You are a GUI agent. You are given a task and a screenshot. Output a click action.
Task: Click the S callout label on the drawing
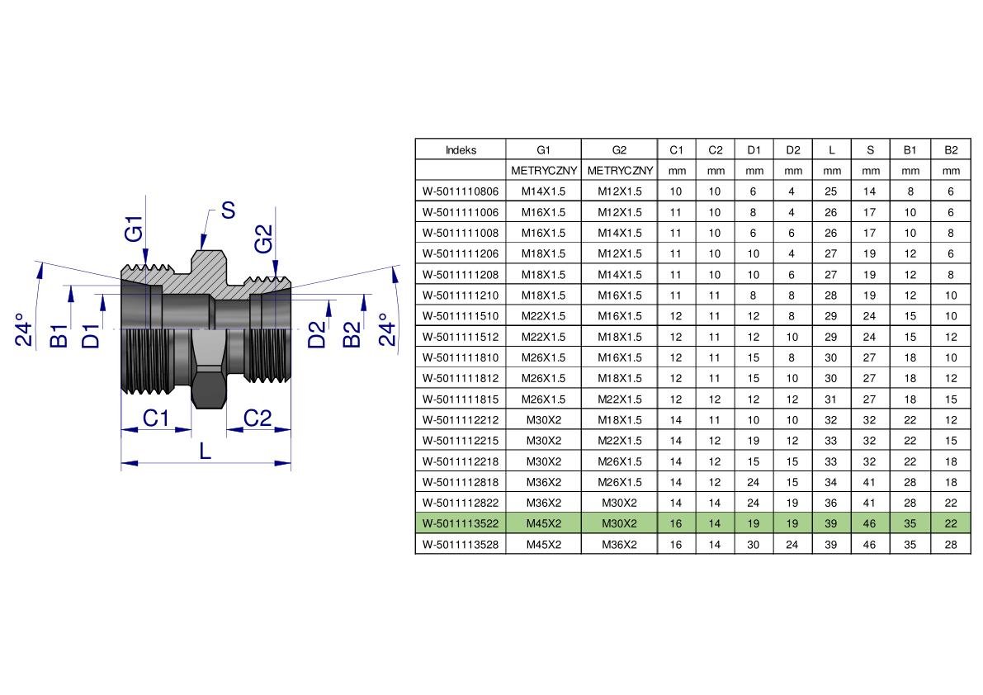228,210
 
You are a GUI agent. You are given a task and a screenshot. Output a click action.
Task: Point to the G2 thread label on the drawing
264,239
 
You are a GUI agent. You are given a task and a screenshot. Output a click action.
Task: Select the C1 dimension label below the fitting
156,418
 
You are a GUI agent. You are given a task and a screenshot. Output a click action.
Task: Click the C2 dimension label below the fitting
257,418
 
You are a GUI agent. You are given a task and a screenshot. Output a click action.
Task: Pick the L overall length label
205,451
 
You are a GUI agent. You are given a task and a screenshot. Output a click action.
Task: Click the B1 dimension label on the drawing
59,337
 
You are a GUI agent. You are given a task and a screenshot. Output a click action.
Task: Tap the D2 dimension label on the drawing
317,334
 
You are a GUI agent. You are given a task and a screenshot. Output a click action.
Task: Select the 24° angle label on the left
23,330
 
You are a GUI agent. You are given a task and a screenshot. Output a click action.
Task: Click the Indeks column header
461,149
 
